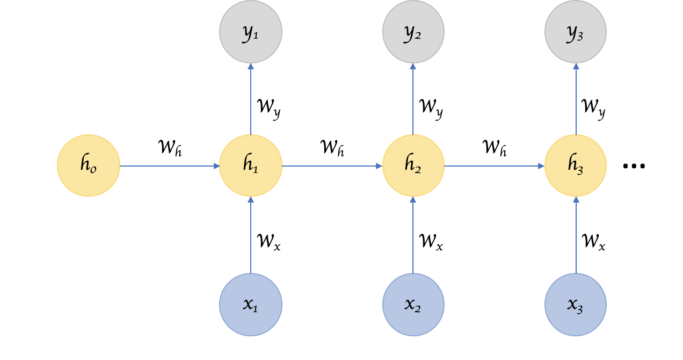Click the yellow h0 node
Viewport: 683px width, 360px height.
(89, 165)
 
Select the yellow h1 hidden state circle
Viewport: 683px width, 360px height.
(251, 165)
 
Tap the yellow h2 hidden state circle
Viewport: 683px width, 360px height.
(413, 165)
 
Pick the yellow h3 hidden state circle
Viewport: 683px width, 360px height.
(576, 165)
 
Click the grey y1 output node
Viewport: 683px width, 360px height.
(251, 32)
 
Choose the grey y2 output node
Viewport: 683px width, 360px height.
(413, 32)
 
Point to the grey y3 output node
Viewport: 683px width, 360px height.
(576, 32)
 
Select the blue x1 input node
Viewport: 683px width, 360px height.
(251, 305)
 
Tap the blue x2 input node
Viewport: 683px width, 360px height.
(413, 305)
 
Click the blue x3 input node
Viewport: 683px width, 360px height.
(576, 305)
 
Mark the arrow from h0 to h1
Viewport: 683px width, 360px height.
(170, 166)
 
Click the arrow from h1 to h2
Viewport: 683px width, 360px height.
(332, 166)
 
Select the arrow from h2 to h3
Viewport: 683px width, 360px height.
(495, 166)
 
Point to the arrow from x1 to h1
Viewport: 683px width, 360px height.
(251, 235)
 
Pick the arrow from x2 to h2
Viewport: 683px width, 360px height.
(413, 235)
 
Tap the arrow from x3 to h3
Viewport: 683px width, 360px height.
(576, 235)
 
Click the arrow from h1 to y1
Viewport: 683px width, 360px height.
(251, 99)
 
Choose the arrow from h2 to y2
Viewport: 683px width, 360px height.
(413, 99)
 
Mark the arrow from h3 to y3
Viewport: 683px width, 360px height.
(576, 99)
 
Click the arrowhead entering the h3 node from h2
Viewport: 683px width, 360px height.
(541, 166)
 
